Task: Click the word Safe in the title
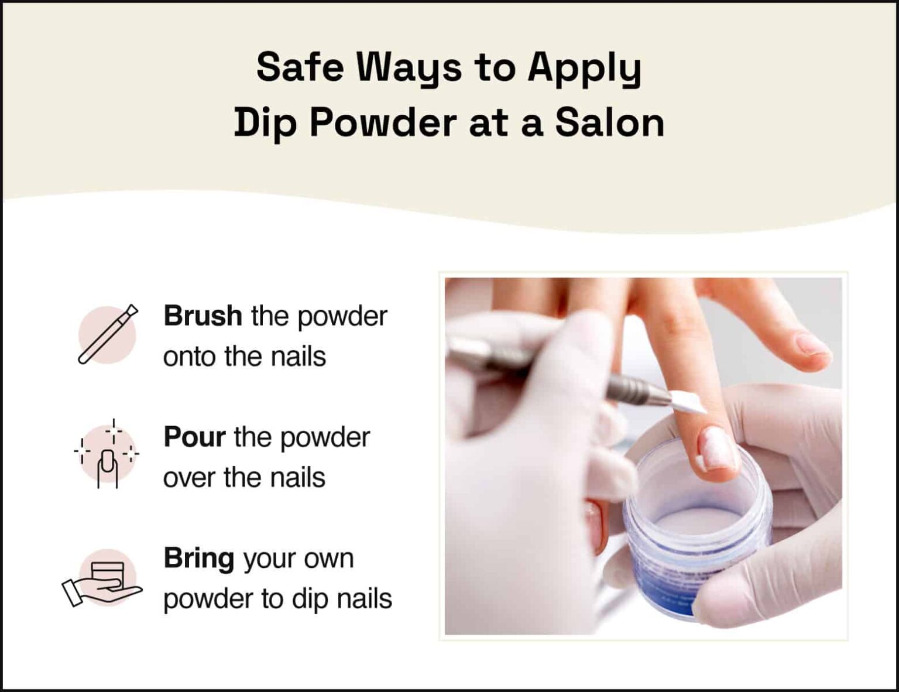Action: pyautogui.click(x=300, y=67)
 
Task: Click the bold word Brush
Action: pyautogui.click(x=203, y=316)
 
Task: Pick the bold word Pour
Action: pyautogui.click(x=194, y=437)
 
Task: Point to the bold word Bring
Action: pyautogui.click(x=199, y=559)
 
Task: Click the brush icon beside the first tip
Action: pyautogui.click(x=108, y=334)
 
